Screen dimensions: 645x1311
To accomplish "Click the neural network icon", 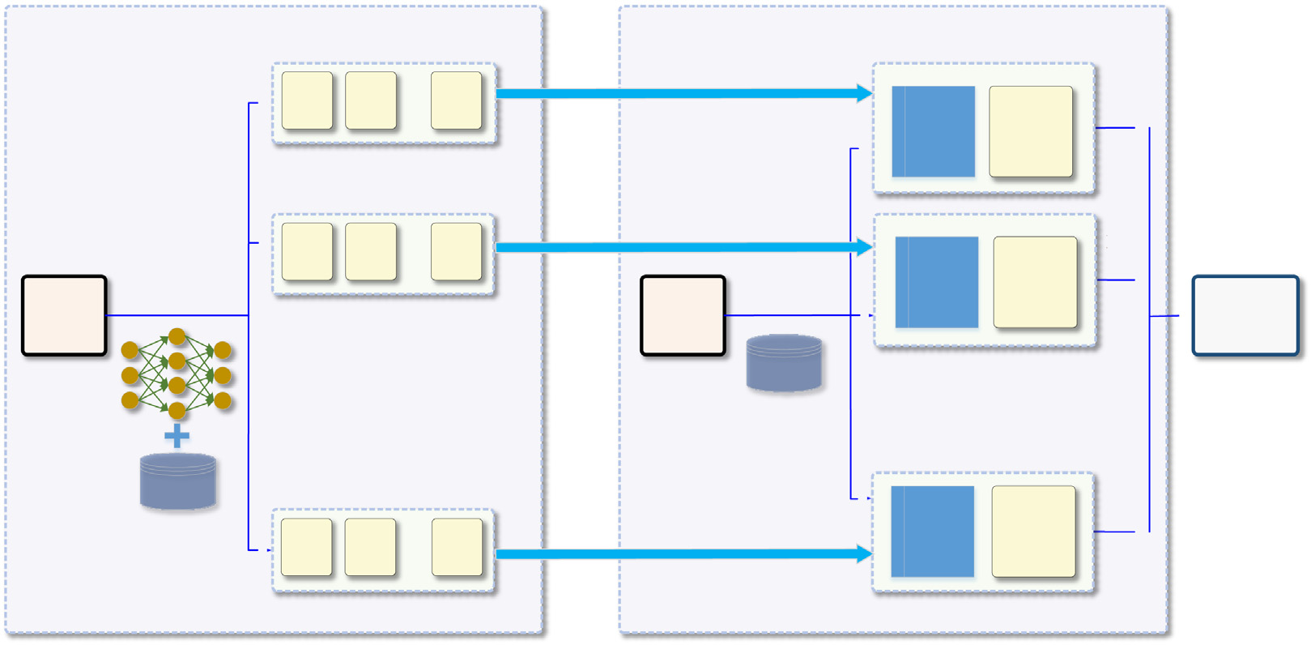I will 177,374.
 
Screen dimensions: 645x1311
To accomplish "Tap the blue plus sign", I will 177,436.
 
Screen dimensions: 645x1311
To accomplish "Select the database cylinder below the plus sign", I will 178,481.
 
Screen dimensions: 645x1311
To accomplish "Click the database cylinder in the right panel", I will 784,363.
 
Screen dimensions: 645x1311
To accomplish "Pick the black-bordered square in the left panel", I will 64,315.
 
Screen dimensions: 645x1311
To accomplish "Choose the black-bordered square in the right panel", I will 683,315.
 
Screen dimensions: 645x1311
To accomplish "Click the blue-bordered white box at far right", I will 1245,315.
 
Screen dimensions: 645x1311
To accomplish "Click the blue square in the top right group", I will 933,131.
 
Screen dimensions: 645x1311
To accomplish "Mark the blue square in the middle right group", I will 936,282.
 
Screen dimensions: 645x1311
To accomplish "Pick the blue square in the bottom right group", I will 932,532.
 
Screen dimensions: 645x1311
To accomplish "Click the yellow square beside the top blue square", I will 1031,131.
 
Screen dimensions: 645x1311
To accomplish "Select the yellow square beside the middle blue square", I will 1035,282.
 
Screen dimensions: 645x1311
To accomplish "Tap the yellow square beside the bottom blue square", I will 1033,532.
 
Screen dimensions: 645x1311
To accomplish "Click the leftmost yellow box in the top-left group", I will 307,100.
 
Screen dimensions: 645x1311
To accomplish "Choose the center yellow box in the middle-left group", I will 371,252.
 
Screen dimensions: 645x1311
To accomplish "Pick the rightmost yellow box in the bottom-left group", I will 457,548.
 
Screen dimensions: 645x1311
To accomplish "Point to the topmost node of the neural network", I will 177,336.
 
